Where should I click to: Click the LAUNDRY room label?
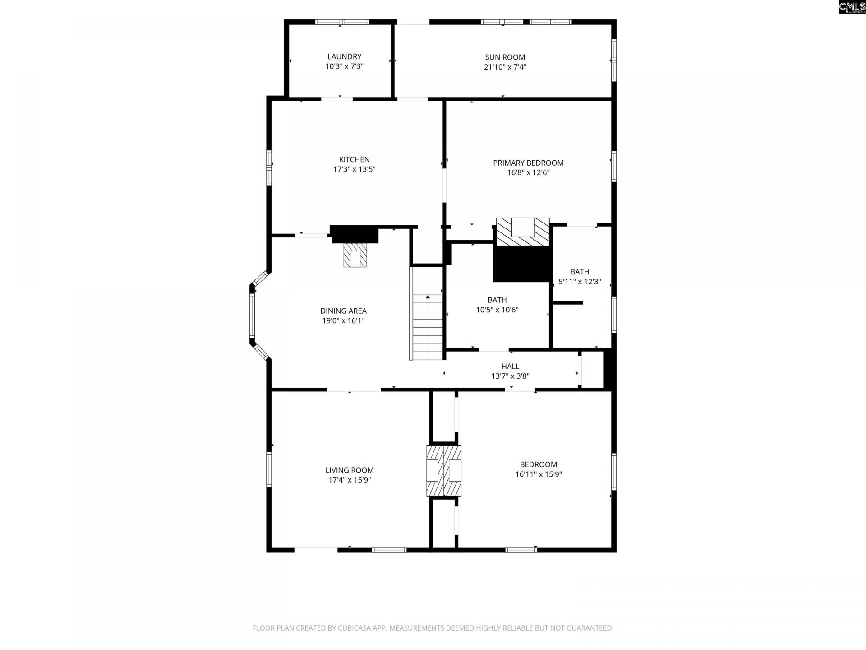click(344, 56)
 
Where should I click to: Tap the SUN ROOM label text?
click(505, 57)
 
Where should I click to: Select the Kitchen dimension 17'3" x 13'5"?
click(354, 169)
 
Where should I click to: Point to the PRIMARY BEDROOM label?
click(528, 162)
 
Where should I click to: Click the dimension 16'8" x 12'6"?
click(528, 172)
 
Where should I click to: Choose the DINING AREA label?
click(343, 311)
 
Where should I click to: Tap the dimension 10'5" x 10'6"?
click(497, 310)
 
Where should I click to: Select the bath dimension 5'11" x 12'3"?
click(580, 282)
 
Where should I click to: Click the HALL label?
click(510, 366)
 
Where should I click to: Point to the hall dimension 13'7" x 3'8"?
click(510, 376)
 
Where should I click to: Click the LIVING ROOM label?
click(350, 470)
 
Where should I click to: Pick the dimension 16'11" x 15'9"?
click(539, 474)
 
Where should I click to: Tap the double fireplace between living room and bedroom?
click(444, 471)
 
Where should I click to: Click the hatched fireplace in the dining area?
click(355, 255)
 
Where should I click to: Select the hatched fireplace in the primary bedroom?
click(523, 232)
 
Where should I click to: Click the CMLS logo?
click(852, 7)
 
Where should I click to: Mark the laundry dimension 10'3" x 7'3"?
click(344, 66)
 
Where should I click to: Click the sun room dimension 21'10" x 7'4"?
click(505, 67)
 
